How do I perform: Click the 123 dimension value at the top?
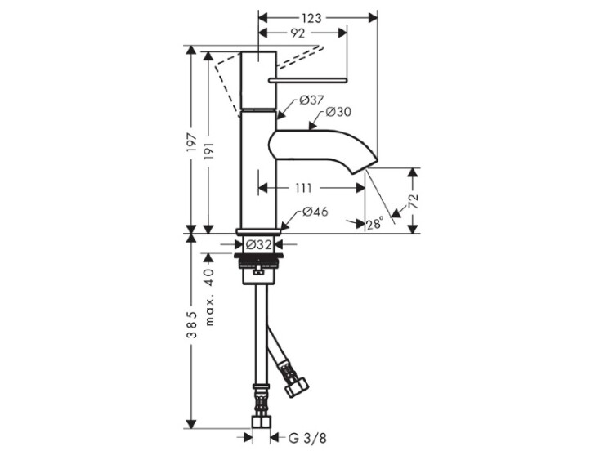[x=311, y=18]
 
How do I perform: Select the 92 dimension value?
[x=298, y=33]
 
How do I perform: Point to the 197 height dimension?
[x=191, y=142]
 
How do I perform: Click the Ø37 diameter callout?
[x=311, y=100]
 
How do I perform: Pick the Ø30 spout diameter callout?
[x=338, y=112]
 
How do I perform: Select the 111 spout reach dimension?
[x=303, y=189]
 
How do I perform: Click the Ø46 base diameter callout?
[x=315, y=212]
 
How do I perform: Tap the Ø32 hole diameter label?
[x=258, y=244]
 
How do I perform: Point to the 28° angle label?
[x=374, y=224]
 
